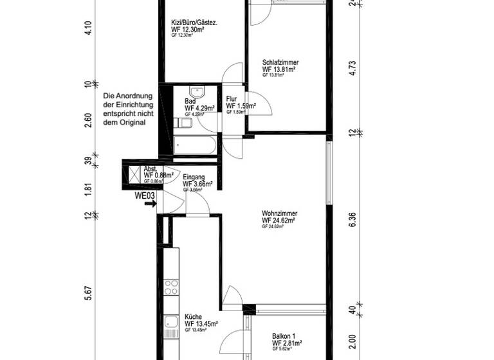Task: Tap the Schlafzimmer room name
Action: (x=280, y=62)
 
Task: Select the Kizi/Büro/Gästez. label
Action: (x=194, y=22)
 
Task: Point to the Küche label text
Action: (x=194, y=317)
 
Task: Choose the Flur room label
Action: (x=232, y=99)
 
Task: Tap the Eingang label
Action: (x=194, y=177)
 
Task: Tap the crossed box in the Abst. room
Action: (x=134, y=174)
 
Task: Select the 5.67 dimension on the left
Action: (x=89, y=292)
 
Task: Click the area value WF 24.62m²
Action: (x=278, y=221)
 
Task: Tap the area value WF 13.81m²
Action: (x=281, y=69)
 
